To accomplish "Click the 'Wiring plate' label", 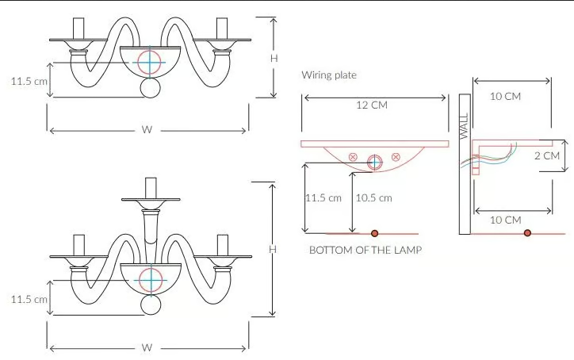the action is (329, 75).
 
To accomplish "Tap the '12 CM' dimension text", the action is (372, 105).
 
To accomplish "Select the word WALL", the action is (464, 125).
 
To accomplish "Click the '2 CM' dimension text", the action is (547, 155).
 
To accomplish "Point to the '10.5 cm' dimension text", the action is (373, 198).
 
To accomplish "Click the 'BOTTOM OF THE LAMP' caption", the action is (365, 250).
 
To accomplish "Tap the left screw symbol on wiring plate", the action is (353, 157).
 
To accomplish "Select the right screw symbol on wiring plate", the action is (396, 157).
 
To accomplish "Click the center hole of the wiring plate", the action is (375, 163).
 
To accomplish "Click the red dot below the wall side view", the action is (527, 233).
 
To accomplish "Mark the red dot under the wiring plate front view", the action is (374, 233).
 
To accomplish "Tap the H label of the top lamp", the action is (274, 58).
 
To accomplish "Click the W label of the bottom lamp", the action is (147, 347).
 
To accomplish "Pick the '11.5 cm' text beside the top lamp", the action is (29, 81).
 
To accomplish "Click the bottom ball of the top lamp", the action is (151, 88).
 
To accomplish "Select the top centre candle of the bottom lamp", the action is (151, 189).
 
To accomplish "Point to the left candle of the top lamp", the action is (78, 29).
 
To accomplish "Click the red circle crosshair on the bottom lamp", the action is (151, 281).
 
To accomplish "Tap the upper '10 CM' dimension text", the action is (505, 96).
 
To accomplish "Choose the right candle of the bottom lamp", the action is (223, 245).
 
